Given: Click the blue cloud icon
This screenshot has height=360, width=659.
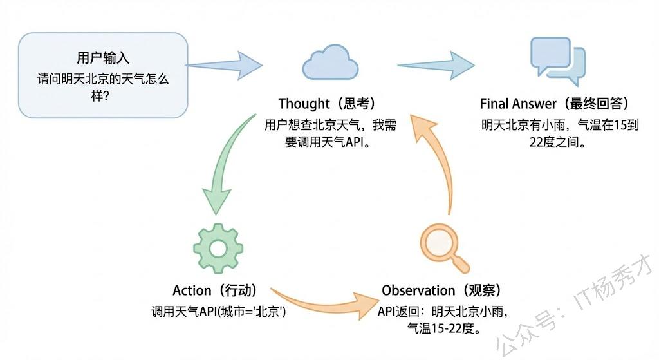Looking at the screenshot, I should pyautogui.click(x=330, y=62).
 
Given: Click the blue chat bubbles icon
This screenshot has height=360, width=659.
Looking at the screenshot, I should pyautogui.click(x=557, y=61).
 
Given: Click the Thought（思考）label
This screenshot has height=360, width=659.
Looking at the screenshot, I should pyautogui.click(x=326, y=104).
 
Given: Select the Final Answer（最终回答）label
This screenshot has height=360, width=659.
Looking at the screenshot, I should pyautogui.click(x=554, y=104).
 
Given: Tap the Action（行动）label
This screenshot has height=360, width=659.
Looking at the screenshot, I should pyautogui.click(x=216, y=291).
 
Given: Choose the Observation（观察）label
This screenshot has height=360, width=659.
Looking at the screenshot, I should pyautogui.click(x=441, y=291).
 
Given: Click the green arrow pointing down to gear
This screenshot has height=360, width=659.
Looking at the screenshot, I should pyautogui.click(x=225, y=167).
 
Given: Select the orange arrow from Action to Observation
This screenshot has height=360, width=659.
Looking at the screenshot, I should pyautogui.click(x=322, y=301).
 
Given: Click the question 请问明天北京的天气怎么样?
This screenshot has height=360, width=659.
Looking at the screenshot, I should pyautogui.click(x=102, y=88).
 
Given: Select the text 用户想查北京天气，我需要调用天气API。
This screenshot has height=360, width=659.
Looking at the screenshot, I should pyautogui.click(x=330, y=133).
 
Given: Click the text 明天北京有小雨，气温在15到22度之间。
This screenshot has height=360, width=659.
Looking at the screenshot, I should pyautogui.click(x=559, y=133).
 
